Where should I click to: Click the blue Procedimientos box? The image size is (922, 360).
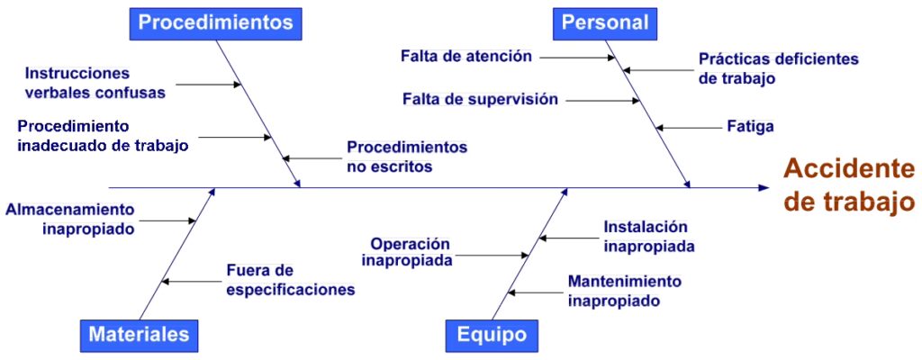click(216, 22)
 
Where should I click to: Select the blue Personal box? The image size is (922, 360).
click(605, 22)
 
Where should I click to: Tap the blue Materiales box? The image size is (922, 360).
click(140, 335)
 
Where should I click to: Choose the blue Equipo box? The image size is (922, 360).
click(492, 335)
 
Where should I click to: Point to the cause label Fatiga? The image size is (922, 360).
click(749, 127)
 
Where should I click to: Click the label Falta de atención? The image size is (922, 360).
click(466, 56)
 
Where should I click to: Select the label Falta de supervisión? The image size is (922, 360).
click(480, 99)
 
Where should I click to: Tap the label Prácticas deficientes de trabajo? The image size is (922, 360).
click(778, 68)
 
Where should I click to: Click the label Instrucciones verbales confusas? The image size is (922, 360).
click(95, 81)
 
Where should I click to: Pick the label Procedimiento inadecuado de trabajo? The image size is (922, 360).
click(103, 134)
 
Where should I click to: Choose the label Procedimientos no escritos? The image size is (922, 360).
click(407, 156)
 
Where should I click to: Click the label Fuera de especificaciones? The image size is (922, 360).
click(290, 279)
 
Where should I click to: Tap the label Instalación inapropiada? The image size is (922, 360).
click(648, 236)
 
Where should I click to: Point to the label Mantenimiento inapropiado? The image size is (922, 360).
click(624, 291)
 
